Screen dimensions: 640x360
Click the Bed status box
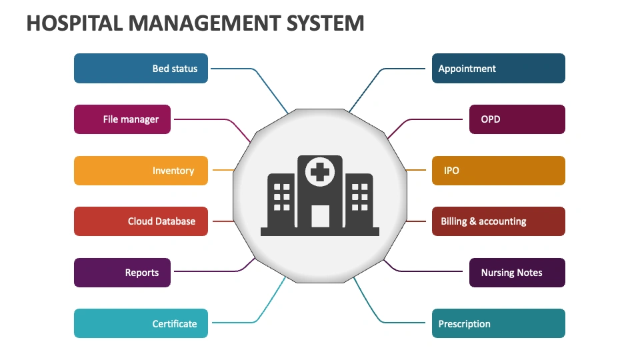pos(141,68)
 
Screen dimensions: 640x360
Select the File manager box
pos(122,119)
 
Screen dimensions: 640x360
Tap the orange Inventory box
pos(141,171)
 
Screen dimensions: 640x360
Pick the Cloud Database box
pos(141,221)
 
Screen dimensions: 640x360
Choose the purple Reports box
pos(122,273)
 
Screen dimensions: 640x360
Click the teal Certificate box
pos(141,323)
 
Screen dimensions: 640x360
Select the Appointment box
pos(499,68)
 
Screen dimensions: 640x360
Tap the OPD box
pos(517,119)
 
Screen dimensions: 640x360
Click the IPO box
pos(499,171)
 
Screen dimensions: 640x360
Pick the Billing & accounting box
pos(499,221)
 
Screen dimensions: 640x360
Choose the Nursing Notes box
pos(517,273)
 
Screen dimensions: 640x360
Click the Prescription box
pos(499,323)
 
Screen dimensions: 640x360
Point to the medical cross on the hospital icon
pos(320,172)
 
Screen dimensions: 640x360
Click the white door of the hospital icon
pos(321,216)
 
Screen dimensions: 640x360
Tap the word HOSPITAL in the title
pos(75,23)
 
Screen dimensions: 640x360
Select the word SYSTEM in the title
pos(325,23)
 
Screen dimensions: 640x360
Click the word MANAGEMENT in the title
pos(205,23)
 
